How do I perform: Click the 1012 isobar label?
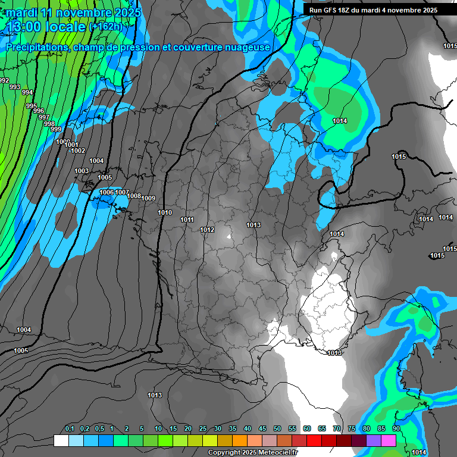point(207,230)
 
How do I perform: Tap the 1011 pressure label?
point(187,220)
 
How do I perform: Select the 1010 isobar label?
point(165,212)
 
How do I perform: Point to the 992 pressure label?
point(4,80)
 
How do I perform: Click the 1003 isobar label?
point(82,171)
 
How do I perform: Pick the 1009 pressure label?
point(148,198)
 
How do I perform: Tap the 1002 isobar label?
point(78,151)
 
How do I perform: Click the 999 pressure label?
point(55,129)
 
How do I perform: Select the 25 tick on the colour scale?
point(203,428)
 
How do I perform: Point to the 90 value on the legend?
point(396,428)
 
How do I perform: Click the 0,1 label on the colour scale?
point(69,428)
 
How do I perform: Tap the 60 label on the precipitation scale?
point(306,428)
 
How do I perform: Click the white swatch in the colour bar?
point(61,440)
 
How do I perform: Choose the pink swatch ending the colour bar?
point(389,440)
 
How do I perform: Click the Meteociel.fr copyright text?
point(253,453)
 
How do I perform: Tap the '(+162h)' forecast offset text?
point(105,26)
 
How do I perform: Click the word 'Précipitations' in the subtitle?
point(37,47)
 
